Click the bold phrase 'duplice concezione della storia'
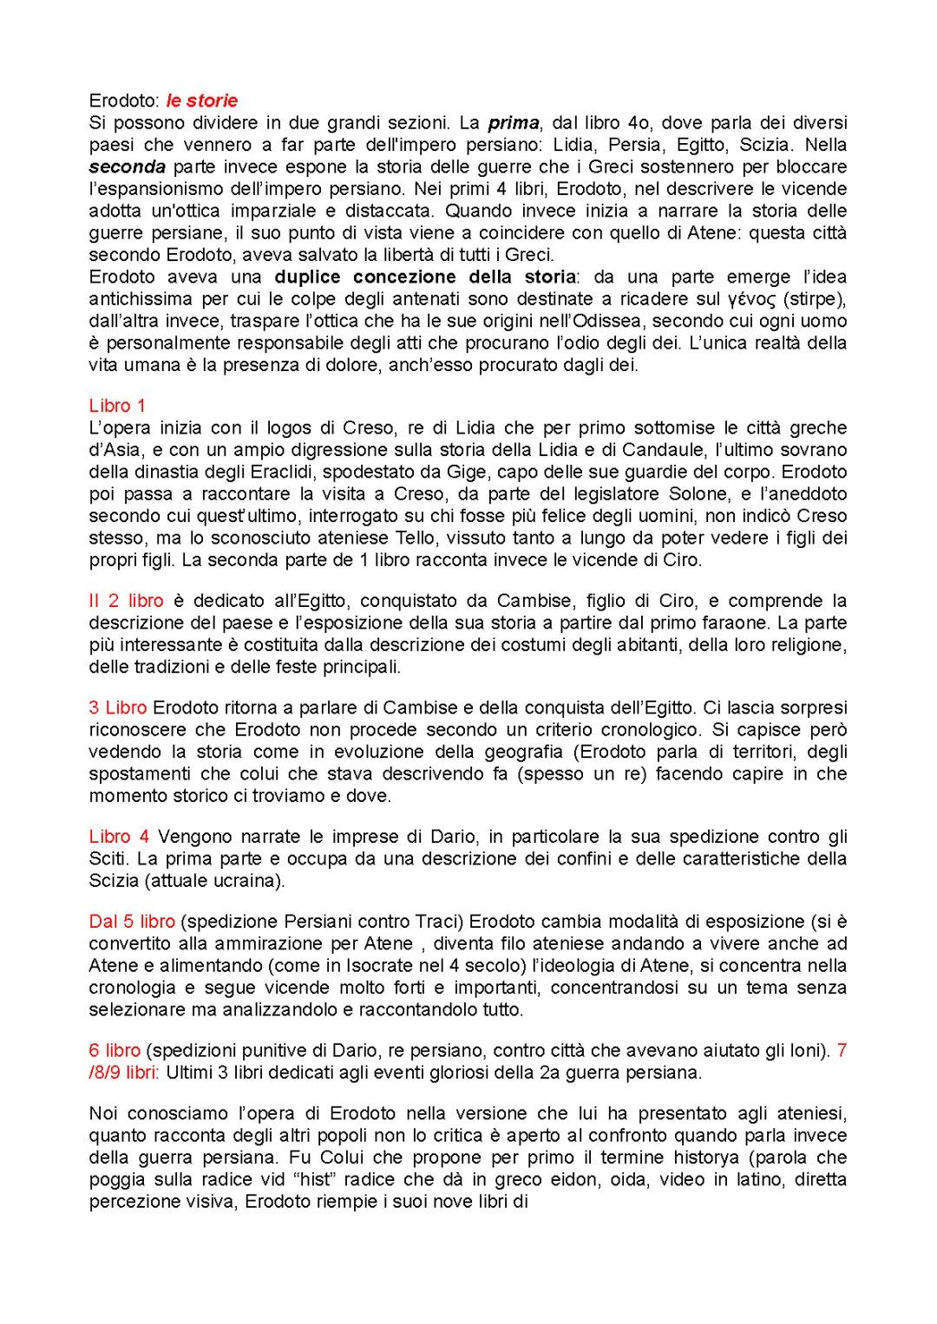pos(424,277)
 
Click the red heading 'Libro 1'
pos(117,405)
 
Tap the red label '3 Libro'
pos(118,708)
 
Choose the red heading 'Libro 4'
pos(120,837)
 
